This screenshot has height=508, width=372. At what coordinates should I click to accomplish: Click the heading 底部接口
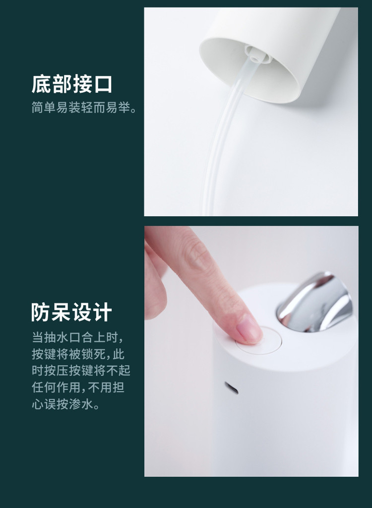click(x=72, y=84)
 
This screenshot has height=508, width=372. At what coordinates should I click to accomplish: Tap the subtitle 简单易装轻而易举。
click(x=84, y=107)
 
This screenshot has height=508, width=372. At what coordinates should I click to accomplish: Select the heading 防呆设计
click(x=72, y=312)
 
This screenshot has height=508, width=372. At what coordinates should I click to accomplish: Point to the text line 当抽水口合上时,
click(x=77, y=337)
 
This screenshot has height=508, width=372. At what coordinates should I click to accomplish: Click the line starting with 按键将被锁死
click(x=78, y=354)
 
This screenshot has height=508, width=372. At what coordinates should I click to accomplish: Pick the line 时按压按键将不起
click(x=81, y=371)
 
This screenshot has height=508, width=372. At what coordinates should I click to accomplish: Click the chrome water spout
click(x=315, y=303)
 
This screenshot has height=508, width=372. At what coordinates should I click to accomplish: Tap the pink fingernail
click(x=248, y=329)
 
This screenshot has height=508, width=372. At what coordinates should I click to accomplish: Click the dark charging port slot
click(x=232, y=388)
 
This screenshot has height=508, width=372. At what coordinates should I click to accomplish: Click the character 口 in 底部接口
click(x=103, y=85)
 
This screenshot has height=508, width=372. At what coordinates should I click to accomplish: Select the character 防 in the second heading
click(x=41, y=312)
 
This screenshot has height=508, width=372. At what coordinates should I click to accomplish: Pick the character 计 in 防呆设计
click(x=103, y=312)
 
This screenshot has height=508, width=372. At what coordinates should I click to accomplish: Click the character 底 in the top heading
click(x=41, y=84)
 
